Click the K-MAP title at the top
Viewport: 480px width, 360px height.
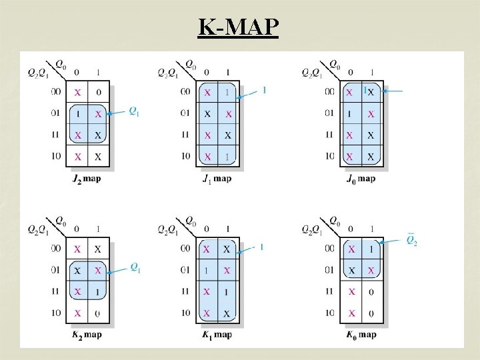coord(239,27)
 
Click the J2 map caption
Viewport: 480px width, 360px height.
coord(87,178)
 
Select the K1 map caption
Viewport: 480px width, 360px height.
coord(217,335)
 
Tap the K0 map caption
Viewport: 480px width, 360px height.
coord(361,335)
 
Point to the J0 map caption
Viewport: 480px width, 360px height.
coord(361,178)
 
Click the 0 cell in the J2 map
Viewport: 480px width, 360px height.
coord(99,92)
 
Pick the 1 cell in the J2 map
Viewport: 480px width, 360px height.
coord(77,114)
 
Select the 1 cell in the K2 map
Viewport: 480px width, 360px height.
coord(99,291)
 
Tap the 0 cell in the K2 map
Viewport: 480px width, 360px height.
coord(99,313)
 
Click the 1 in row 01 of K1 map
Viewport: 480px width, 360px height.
coord(207,270)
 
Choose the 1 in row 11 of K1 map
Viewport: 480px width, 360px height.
coord(228,291)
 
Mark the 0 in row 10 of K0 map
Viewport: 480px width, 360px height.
coord(371,313)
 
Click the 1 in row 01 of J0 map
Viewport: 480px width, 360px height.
coord(349,114)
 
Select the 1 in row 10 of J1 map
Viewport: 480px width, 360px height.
coord(228,157)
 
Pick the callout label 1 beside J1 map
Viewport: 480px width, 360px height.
coord(265,90)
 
